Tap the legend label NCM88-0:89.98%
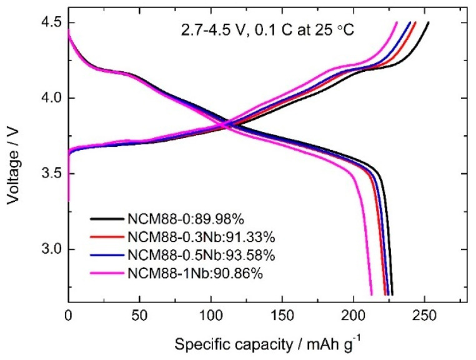click(x=176, y=219)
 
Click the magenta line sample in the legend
click(x=107, y=274)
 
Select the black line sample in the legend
click(x=107, y=220)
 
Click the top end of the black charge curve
click(x=428, y=23)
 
